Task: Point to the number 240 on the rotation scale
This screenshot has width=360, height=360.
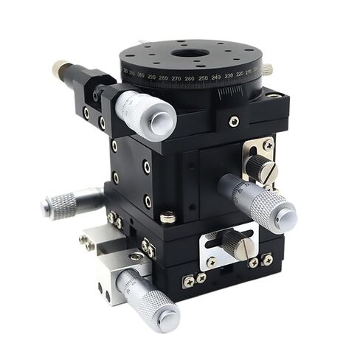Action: click(215, 76)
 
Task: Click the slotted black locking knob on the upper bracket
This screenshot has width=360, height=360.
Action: click(261, 169)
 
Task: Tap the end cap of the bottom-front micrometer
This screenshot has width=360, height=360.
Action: click(169, 318)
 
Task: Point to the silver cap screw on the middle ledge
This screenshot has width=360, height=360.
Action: click(168, 217)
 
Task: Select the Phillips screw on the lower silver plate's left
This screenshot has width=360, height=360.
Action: click(212, 261)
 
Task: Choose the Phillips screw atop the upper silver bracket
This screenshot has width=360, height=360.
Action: click(267, 146)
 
